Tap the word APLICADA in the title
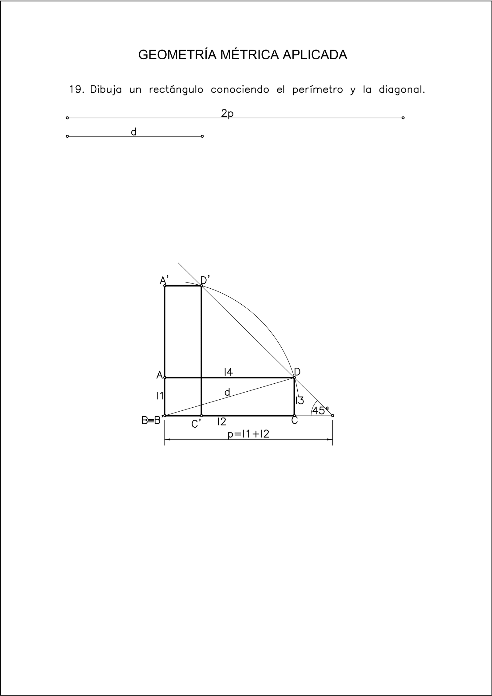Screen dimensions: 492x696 coord(315,55)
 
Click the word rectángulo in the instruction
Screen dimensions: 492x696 coord(176,89)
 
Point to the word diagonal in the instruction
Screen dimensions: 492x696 coord(402,90)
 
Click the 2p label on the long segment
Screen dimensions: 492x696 coord(227,113)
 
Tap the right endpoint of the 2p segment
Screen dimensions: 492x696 coord(403,118)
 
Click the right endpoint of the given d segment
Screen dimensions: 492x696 coord(202,136)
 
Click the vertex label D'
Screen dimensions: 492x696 coord(205,280)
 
